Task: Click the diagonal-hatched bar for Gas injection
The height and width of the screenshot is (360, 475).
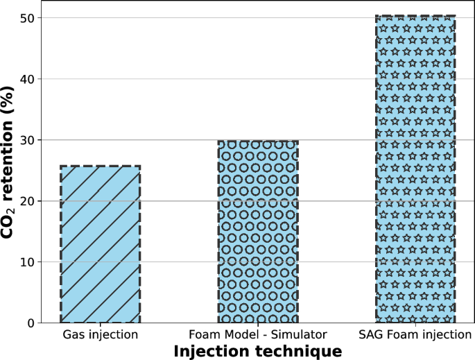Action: (x=101, y=244)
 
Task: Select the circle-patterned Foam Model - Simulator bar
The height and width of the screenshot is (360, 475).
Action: (x=258, y=232)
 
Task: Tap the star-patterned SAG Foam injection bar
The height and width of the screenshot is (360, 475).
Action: (x=415, y=169)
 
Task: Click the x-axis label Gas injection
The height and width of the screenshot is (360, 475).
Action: (x=101, y=335)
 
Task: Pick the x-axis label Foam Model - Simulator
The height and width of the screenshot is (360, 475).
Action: (x=258, y=335)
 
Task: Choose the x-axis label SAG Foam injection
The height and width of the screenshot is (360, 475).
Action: (x=415, y=335)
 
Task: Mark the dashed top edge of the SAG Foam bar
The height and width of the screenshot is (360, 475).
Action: (x=415, y=15)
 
